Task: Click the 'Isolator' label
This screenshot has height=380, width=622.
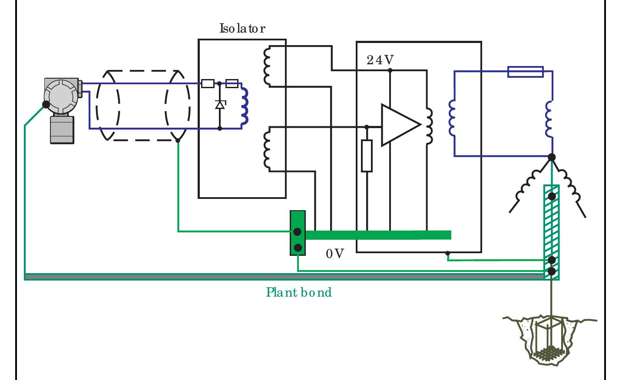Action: click(242, 29)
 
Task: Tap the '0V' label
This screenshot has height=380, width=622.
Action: click(334, 254)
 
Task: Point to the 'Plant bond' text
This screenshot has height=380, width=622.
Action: click(299, 292)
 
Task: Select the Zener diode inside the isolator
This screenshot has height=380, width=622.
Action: click(220, 105)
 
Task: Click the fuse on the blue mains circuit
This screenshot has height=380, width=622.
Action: click(525, 72)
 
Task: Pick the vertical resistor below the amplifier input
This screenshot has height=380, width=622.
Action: click(367, 156)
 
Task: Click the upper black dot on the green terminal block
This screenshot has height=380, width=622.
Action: click(298, 232)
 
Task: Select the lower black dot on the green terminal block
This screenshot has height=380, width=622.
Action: click(298, 248)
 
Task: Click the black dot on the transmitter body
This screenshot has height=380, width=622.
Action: click(46, 104)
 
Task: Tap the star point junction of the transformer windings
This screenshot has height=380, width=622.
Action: click(552, 157)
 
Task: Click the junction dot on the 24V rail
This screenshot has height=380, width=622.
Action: click(390, 69)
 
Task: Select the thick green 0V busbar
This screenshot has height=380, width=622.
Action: click(378, 235)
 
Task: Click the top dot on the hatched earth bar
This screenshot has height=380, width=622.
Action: click(552, 196)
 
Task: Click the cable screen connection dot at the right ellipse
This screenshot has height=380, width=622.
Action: click(178, 140)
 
